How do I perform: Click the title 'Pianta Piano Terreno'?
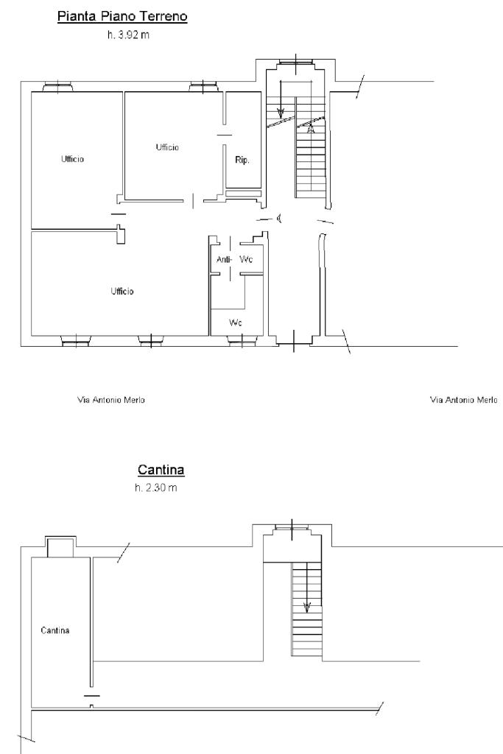pyautogui.click(x=122, y=16)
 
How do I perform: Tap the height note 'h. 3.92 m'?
pyautogui.click(x=128, y=35)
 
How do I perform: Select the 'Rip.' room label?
pyautogui.click(x=242, y=160)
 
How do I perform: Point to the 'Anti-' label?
pyautogui.click(x=224, y=260)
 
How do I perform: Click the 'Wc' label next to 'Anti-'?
pyautogui.click(x=246, y=260)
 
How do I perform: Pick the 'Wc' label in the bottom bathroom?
pyautogui.click(x=236, y=323)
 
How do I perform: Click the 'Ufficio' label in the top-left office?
pyautogui.click(x=73, y=159)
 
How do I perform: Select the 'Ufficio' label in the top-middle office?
pyautogui.click(x=167, y=147)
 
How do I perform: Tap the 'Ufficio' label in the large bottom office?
pyautogui.click(x=122, y=291)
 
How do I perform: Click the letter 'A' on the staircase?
pyautogui.click(x=311, y=129)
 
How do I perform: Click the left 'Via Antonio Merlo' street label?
pyautogui.click(x=111, y=400)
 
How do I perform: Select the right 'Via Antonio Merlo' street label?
pyautogui.click(x=463, y=400)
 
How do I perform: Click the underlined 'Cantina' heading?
pyautogui.click(x=161, y=469)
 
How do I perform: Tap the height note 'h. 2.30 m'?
pyautogui.click(x=156, y=487)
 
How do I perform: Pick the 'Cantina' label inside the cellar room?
pyautogui.click(x=55, y=630)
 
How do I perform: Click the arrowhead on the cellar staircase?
pyautogui.click(x=307, y=607)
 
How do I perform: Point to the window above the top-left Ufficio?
pyautogui.click(x=57, y=87)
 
